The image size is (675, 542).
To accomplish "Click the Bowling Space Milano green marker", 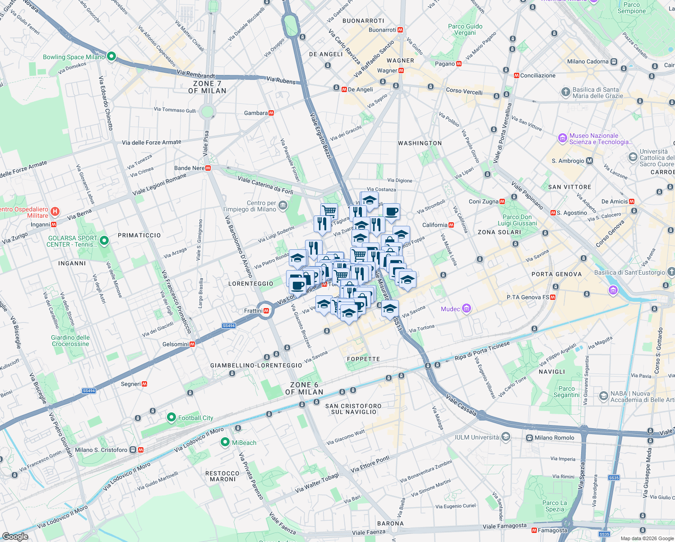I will [x=111, y=56].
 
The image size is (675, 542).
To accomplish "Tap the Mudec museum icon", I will [x=467, y=309].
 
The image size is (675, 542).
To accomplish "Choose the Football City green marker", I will [x=171, y=417].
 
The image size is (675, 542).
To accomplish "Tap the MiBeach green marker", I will [x=225, y=442].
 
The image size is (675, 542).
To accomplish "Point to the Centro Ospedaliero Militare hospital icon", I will [x=55, y=211].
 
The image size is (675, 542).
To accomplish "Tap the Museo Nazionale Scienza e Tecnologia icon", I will [x=562, y=138].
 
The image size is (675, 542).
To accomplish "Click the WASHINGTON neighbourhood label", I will [x=420, y=143].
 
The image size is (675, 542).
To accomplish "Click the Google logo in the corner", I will [x=15, y=536].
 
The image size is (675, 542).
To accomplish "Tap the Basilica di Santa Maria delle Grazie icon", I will [x=565, y=92].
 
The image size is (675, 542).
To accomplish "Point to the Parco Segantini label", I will [x=566, y=392].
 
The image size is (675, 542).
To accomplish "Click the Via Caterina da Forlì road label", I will [x=265, y=185].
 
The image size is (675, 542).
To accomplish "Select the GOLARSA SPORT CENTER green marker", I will [x=104, y=241].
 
